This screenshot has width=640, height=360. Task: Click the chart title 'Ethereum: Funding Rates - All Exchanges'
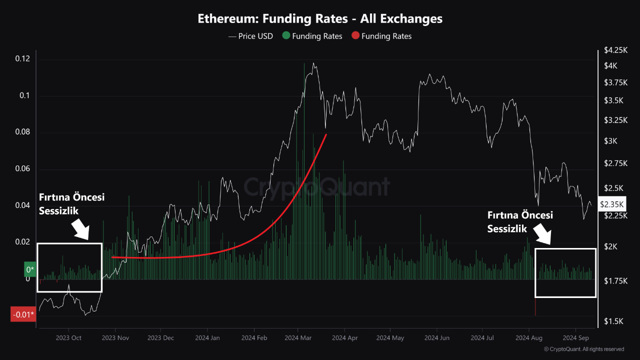[320, 19]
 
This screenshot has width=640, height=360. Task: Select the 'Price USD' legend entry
[250, 36]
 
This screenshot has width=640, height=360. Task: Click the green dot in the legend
[286, 36]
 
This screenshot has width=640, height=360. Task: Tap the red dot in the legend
[355, 36]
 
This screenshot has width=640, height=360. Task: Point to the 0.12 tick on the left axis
[22, 59]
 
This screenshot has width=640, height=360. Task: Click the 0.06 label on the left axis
[22, 169]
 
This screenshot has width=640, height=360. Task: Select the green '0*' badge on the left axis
[30, 269]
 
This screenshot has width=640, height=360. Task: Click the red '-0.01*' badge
[23, 314]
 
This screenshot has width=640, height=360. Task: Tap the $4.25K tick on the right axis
[614, 50]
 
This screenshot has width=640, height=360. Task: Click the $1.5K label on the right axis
[613, 320]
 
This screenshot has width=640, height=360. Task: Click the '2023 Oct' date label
[69, 338]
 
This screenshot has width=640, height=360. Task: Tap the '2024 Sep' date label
[575, 338]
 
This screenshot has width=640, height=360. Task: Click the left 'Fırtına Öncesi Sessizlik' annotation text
[71, 204]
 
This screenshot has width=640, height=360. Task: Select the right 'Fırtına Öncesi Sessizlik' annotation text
[520, 221]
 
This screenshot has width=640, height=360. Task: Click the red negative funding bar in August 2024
[535, 306]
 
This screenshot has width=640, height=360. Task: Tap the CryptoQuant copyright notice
[583, 349]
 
